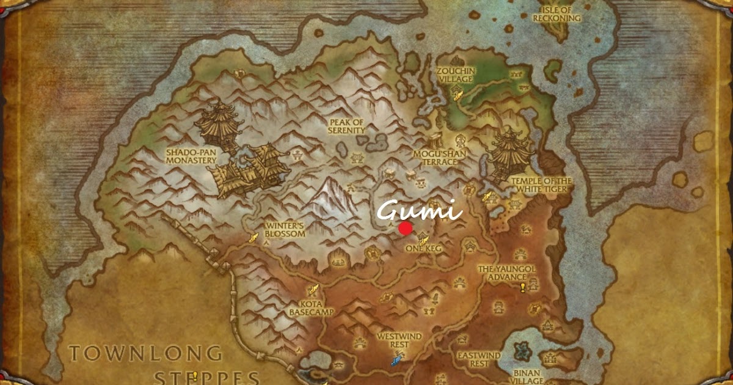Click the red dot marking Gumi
[x=405, y=229]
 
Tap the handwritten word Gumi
[x=418, y=211]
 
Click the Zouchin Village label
[x=456, y=75]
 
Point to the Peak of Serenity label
[x=346, y=127]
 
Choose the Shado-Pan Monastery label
[x=191, y=156]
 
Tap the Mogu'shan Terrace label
[x=436, y=157]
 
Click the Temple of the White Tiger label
[x=541, y=185]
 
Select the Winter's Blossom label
[x=285, y=230]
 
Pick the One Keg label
[x=423, y=249]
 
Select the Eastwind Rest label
[x=479, y=359]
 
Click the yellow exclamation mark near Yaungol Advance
[x=523, y=287]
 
